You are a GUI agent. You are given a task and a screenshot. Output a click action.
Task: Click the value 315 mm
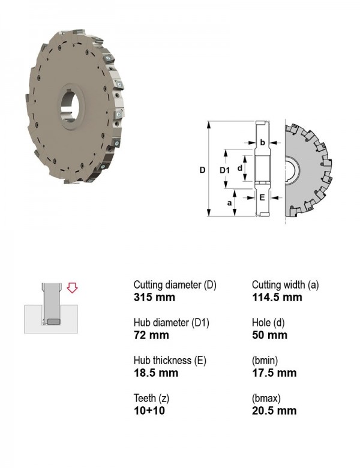154,297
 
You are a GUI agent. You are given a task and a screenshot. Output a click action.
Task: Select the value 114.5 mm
277,297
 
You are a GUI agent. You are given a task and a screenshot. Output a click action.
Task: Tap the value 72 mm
151,335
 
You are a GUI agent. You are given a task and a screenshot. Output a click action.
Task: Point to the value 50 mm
269,335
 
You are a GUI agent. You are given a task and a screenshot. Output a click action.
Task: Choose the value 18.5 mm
156,373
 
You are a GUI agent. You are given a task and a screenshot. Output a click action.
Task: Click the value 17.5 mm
274,373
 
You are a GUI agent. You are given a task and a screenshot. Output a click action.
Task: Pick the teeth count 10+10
149,410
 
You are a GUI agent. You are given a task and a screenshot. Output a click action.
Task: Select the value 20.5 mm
274,410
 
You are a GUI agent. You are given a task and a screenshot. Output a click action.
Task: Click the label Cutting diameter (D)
175,285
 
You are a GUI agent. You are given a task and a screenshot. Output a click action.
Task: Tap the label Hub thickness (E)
170,361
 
